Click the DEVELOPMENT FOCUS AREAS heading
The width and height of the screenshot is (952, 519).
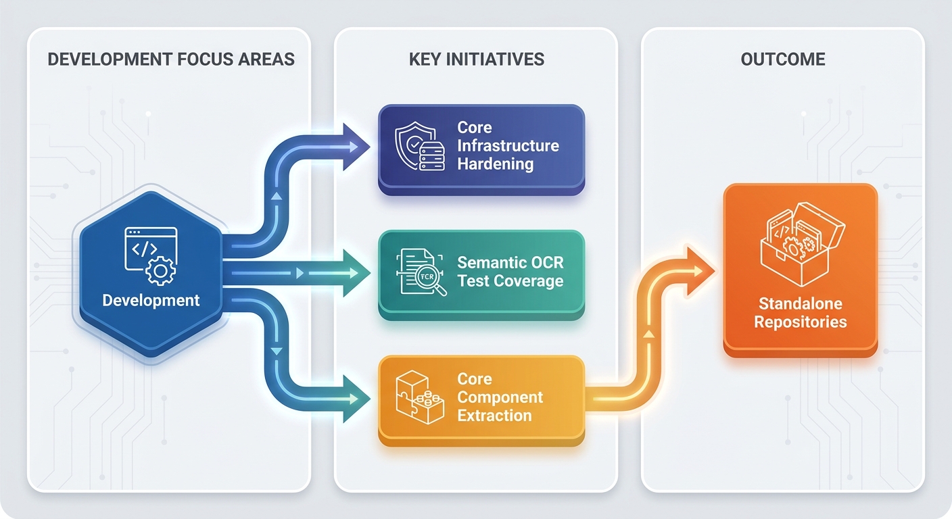[x=171, y=59]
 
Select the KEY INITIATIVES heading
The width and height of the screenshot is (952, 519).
[x=477, y=59]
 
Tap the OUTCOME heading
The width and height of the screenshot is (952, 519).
[x=783, y=59]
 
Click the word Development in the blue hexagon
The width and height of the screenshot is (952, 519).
[x=151, y=300]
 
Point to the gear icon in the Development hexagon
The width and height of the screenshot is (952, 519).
[x=161, y=270]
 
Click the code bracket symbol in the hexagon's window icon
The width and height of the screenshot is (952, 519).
[x=145, y=249]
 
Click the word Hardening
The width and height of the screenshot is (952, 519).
[x=495, y=164]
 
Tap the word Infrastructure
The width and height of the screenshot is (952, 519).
[x=508, y=146]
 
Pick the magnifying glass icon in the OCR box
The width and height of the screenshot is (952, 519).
[x=430, y=280]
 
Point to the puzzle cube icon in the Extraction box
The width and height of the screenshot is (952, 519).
[x=420, y=397]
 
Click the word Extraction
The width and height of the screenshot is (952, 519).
[x=494, y=416]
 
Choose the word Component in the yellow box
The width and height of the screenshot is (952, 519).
[x=500, y=397]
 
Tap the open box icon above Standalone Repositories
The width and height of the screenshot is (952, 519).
[x=801, y=244]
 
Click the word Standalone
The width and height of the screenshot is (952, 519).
[x=801, y=303]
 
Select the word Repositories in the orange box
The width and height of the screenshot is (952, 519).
[x=801, y=322]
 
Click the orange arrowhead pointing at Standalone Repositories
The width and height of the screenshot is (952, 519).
[x=699, y=270]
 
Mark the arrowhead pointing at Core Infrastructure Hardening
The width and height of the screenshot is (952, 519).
[x=356, y=147]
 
